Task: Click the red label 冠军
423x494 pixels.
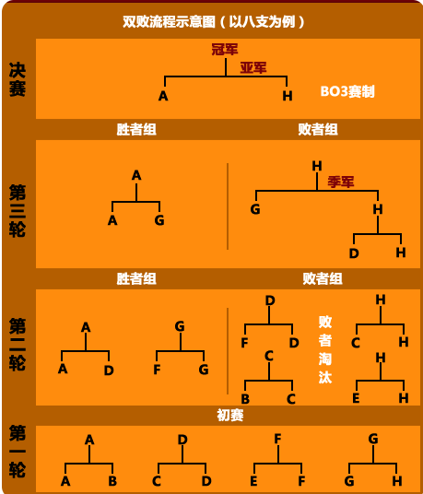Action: click(x=225, y=50)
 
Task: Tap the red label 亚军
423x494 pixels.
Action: click(x=253, y=67)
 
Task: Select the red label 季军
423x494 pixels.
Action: click(x=341, y=182)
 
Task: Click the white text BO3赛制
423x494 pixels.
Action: click(x=347, y=91)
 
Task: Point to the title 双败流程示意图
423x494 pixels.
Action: click(x=169, y=22)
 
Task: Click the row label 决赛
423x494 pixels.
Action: click(x=18, y=79)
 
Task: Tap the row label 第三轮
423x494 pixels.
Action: click(x=18, y=211)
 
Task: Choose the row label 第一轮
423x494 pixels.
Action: click(x=18, y=452)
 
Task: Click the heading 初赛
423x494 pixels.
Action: click(x=230, y=415)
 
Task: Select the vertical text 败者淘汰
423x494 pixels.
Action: click(x=325, y=349)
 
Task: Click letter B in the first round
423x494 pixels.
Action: click(x=112, y=481)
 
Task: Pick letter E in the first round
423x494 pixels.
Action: click(x=253, y=481)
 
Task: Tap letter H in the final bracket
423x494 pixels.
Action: click(x=288, y=96)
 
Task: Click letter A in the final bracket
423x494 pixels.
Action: click(x=163, y=96)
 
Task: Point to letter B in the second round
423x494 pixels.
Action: click(x=245, y=399)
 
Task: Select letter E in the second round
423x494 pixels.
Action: click(x=356, y=398)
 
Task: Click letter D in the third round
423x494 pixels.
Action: click(x=354, y=253)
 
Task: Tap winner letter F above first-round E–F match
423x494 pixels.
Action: click(x=277, y=438)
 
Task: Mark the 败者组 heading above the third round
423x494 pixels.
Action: click(x=318, y=129)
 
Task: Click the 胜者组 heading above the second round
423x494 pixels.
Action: click(x=136, y=278)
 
